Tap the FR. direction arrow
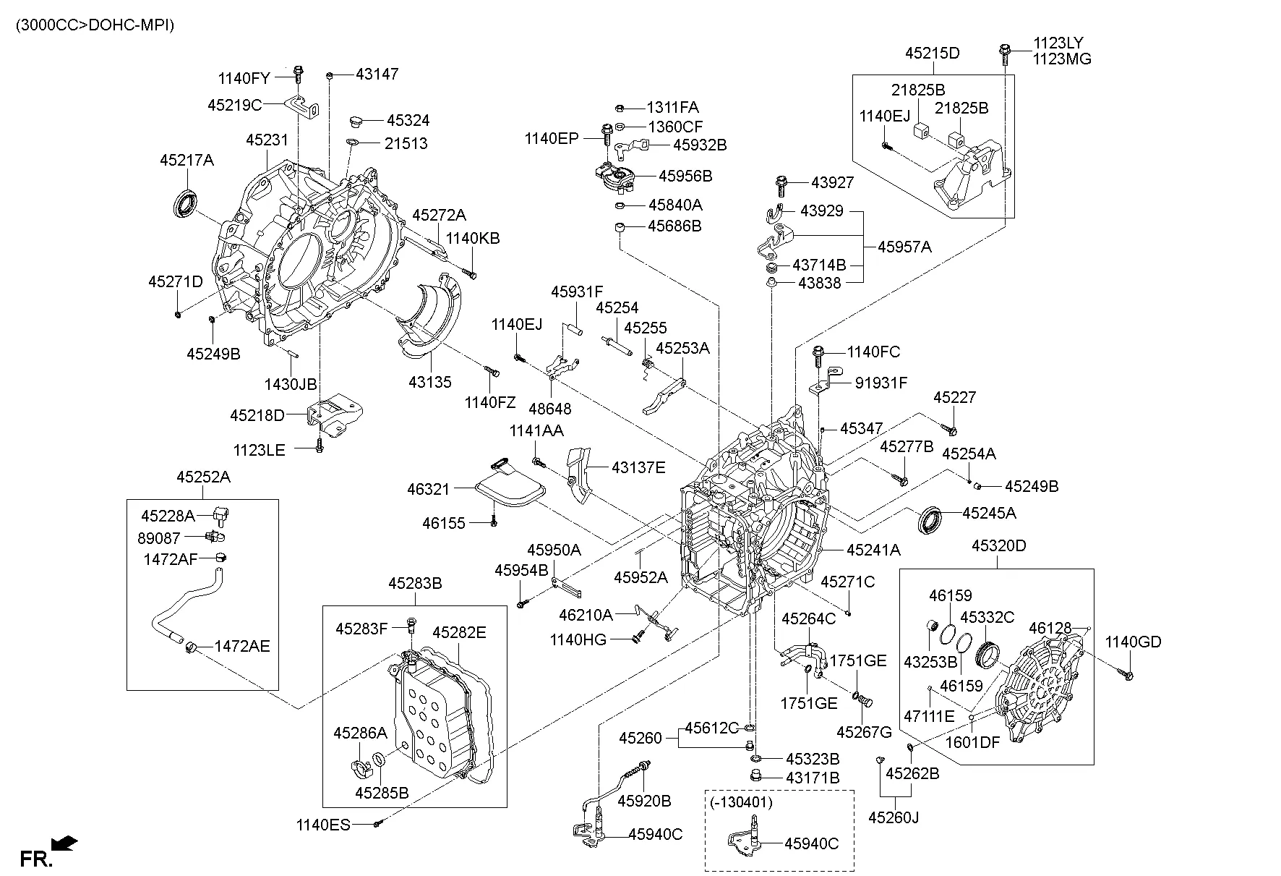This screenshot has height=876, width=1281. click(x=65, y=843)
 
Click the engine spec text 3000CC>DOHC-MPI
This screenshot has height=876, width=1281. click(x=95, y=25)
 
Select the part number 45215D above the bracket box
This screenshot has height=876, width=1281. click(x=932, y=54)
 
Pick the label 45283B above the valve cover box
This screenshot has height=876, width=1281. click(x=415, y=583)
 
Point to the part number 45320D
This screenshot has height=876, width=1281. click(x=998, y=545)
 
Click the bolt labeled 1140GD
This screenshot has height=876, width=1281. click(x=1127, y=675)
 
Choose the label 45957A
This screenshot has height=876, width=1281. click(x=904, y=247)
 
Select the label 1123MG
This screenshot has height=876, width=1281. click(x=1061, y=59)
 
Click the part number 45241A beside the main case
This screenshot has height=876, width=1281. click(x=873, y=550)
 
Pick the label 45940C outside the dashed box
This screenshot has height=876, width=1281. click(x=655, y=834)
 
